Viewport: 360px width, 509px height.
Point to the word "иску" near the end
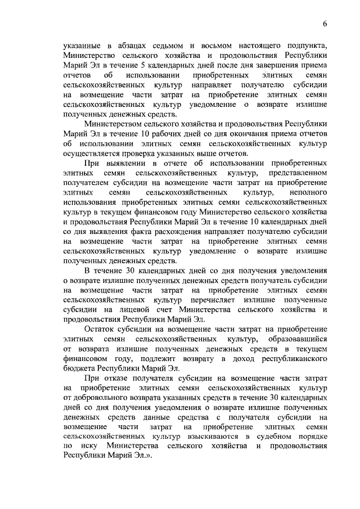pos(85,459)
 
